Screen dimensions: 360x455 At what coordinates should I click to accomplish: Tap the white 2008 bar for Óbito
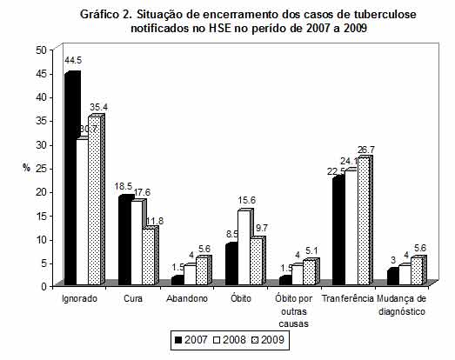coord(244,248)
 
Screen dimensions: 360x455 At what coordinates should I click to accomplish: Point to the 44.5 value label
coord(73,60)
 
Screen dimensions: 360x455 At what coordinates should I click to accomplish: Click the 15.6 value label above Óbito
coord(247,199)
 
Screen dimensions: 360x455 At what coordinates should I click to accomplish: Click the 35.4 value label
coord(99,107)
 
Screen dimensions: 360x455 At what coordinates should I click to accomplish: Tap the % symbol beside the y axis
coord(26,166)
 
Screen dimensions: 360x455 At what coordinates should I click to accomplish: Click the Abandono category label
coord(188,298)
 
